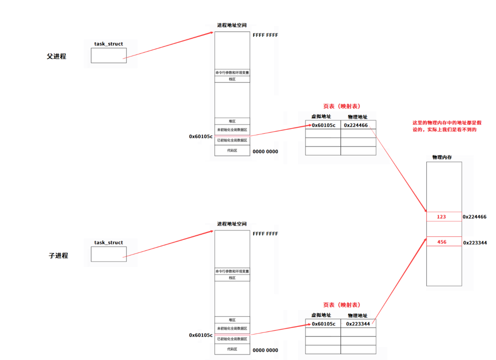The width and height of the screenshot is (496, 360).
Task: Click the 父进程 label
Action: coord(56,56)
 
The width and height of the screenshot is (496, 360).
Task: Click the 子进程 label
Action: coord(58,256)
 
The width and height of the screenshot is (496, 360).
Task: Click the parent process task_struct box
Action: coord(108,56)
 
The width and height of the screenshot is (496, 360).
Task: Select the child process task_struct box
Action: coord(108,254)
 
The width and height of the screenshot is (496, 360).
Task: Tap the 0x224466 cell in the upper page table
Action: coord(356,125)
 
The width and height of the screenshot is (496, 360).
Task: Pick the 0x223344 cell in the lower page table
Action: coord(358,324)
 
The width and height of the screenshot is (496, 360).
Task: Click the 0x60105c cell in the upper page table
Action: coord(323,125)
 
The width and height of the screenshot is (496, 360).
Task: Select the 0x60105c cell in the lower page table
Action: coord(323,324)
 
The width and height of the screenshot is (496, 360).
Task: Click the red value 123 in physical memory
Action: coord(441,217)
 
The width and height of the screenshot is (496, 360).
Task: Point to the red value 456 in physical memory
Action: coord(442,242)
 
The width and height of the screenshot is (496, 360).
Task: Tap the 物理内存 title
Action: coord(442,157)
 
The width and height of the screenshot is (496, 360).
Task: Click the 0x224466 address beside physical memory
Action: coord(474,217)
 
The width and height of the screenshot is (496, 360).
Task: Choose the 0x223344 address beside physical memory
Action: coord(475,243)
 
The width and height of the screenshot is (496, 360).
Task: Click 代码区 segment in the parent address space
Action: coord(232,151)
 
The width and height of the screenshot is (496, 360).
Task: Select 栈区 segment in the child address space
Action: coord(232,278)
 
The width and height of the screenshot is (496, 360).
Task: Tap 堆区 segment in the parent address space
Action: coord(232,121)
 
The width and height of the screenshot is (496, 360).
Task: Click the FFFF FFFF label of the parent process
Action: coord(265,35)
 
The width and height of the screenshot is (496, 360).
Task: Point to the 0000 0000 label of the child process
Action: coord(265,350)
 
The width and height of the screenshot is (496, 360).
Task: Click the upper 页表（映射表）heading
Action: coord(341,106)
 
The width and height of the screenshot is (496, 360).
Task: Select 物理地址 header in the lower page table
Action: coord(357,315)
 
